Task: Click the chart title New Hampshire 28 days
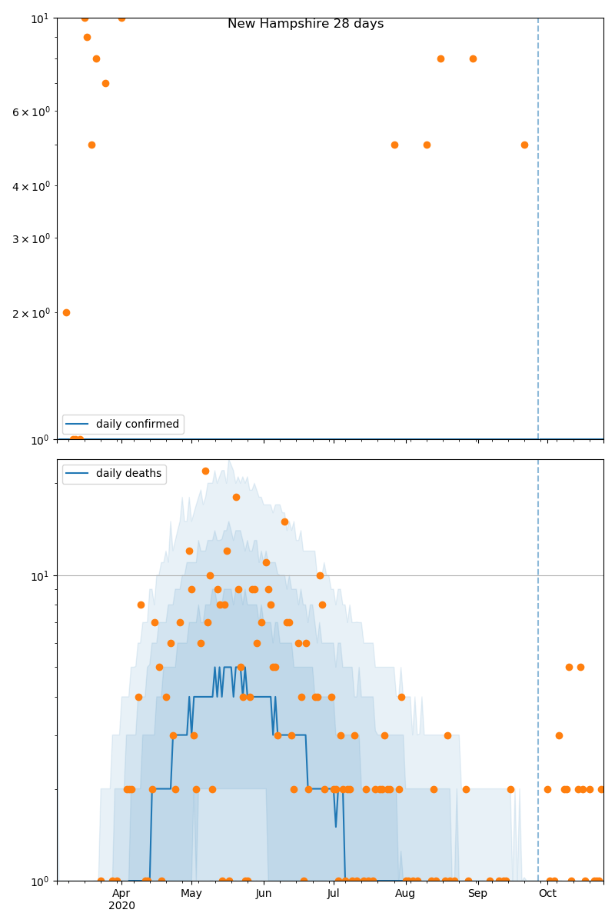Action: point(305,24)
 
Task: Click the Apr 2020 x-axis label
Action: point(121,899)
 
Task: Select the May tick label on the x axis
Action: point(191,893)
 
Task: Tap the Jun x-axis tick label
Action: point(264,893)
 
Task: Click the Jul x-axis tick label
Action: point(333,893)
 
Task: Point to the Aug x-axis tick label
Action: point(405,893)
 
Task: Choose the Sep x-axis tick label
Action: point(477,893)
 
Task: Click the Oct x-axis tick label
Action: point(547,893)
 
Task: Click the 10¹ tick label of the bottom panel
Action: point(40,575)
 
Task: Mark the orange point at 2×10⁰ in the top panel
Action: point(66,312)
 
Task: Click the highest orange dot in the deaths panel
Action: point(205,471)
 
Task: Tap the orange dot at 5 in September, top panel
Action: point(524,145)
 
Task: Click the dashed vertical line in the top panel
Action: point(538,231)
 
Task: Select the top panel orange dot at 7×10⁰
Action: point(105,83)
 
